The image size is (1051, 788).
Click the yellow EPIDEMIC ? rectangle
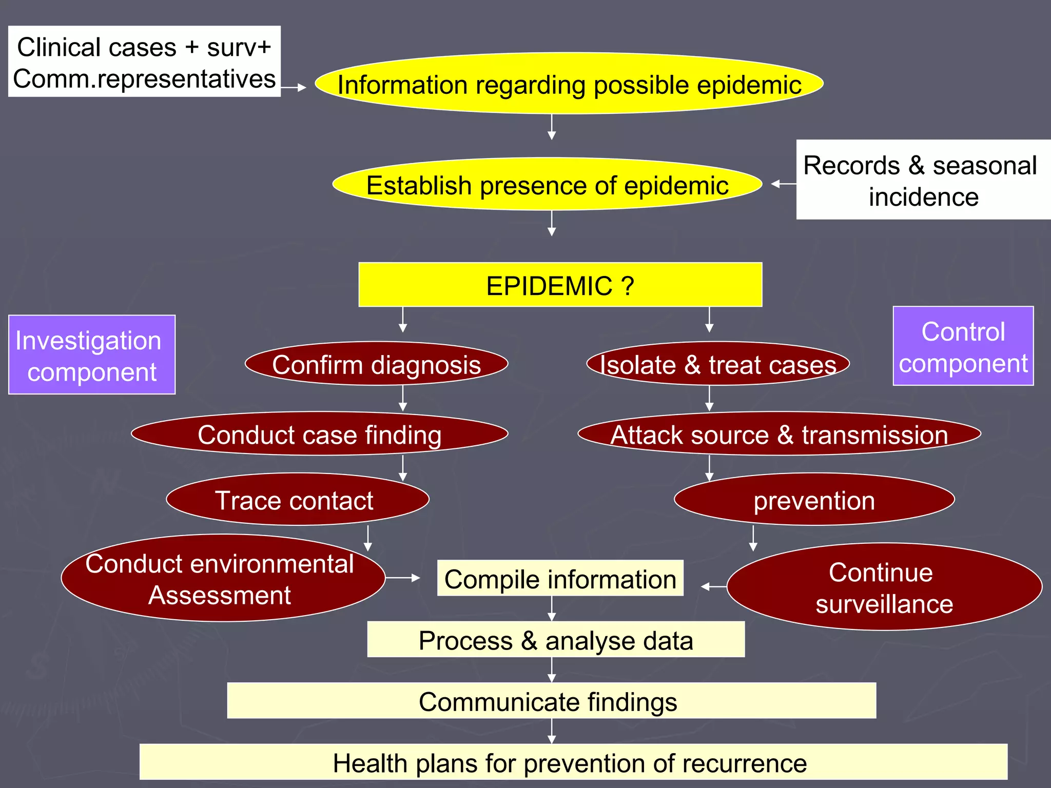click(x=560, y=285)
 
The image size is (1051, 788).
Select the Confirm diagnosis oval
click(x=376, y=364)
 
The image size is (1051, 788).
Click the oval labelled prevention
click(x=814, y=500)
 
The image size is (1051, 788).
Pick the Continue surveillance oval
click(x=884, y=587)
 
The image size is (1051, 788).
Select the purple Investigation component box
click(x=91, y=355)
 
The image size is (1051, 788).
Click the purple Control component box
click(x=963, y=346)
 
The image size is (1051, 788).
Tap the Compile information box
click(x=560, y=579)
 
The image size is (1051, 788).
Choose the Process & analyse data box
click(x=556, y=640)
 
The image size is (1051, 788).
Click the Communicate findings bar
click(x=551, y=701)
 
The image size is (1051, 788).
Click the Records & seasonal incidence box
click(x=923, y=180)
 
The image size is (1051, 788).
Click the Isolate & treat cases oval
click(x=717, y=364)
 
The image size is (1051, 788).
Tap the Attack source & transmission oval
click(x=779, y=434)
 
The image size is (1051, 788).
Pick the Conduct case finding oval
click(x=319, y=434)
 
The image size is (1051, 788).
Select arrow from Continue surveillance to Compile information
click(x=713, y=586)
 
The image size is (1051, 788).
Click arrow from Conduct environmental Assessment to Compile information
click(x=403, y=578)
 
